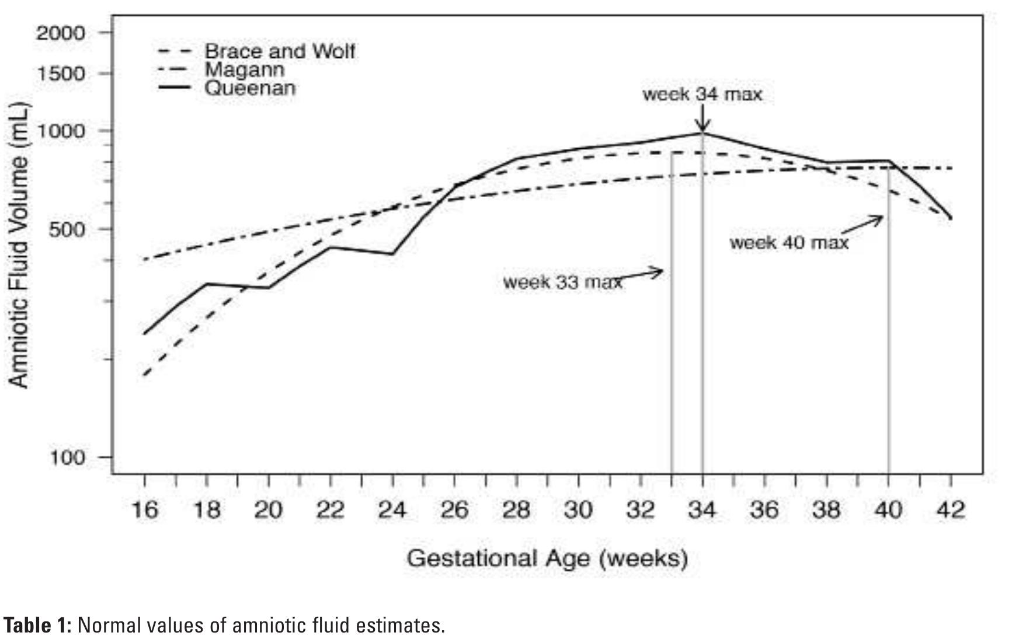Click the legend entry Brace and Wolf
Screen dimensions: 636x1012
click(279, 51)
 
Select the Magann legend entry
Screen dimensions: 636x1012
click(245, 70)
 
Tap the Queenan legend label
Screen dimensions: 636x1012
click(249, 89)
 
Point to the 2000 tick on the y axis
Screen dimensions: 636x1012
click(61, 33)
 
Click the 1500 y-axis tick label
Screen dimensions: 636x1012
click(61, 74)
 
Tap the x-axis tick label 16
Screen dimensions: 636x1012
click(144, 511)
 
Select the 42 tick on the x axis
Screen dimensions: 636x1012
click(951, 511)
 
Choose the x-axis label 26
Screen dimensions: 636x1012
click(454, 511)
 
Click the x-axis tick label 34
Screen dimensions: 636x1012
click(703, 511)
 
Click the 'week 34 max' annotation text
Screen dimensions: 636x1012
click(703, 95)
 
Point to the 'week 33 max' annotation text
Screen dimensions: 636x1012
click(562, 282)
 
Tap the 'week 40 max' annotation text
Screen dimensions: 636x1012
click(789, 242)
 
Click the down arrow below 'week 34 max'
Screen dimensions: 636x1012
click(703, 120)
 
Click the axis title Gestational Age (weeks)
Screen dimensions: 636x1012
click(547, 558)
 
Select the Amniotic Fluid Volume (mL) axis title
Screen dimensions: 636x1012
click(19, 245)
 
